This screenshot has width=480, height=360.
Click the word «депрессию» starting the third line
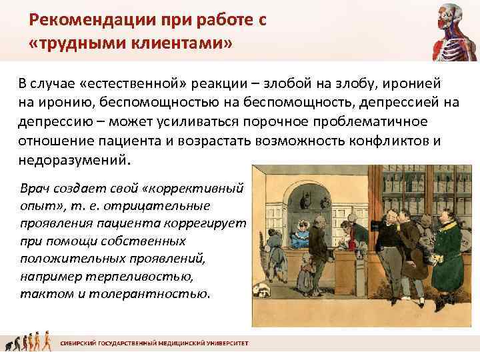tap(54, 123)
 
